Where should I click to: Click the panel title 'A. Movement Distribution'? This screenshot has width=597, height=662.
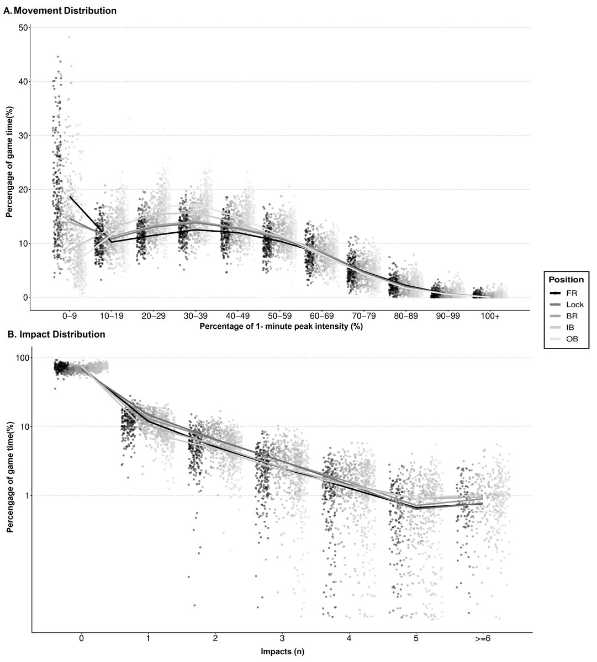point(60,10)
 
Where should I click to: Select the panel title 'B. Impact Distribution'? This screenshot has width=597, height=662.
point(56,334)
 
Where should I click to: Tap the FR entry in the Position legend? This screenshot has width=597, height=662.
point(563,293)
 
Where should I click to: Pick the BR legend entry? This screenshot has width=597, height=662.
point(564,316)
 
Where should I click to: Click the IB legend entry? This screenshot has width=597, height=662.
point(562,327)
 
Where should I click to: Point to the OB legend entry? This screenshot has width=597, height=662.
point(564,339)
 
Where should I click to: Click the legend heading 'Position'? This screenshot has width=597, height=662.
point(566,280)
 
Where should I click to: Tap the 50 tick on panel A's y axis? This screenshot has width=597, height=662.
point(23,28)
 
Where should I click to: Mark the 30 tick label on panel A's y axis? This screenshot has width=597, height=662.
point(23,136)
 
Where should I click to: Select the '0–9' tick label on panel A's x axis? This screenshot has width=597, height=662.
point(70,316)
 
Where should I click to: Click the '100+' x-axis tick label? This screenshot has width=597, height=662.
point(490,316)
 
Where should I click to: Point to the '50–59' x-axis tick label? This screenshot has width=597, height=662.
point(280,316)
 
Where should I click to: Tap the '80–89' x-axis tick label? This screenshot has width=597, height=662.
point(406,316)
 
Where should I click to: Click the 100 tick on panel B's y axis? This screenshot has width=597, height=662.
point(22,357)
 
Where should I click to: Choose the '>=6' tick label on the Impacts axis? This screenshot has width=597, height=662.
point(483,639)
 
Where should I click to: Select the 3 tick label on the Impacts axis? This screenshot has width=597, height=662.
point(282,639)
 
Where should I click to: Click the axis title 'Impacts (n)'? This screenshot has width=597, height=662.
point(282,652)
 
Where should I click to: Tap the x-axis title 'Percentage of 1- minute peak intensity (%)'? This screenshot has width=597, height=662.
point(281,327)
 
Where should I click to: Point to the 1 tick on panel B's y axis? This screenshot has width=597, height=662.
point(27,496)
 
